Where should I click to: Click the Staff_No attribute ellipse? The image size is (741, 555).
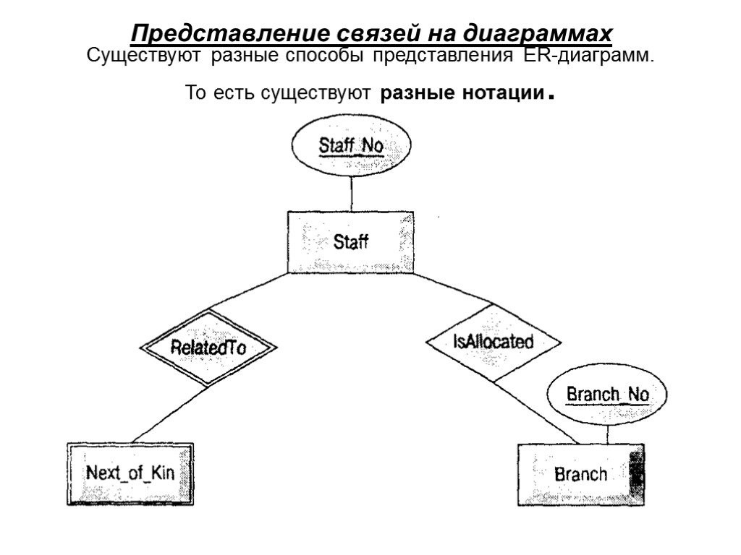pos(351,146)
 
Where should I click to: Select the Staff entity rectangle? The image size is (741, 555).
pos(351,241)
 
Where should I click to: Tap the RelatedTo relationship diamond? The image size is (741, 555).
pos(208,348)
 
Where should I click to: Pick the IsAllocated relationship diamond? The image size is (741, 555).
pos(493,342)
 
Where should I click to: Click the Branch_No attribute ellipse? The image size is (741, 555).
pos(607,395)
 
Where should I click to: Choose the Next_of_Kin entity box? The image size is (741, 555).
pos(130,473)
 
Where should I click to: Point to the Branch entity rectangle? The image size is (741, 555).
pos(580,474)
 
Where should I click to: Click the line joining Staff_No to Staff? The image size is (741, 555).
pos(351,192)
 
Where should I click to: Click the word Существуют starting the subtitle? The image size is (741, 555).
pos(145,56)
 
